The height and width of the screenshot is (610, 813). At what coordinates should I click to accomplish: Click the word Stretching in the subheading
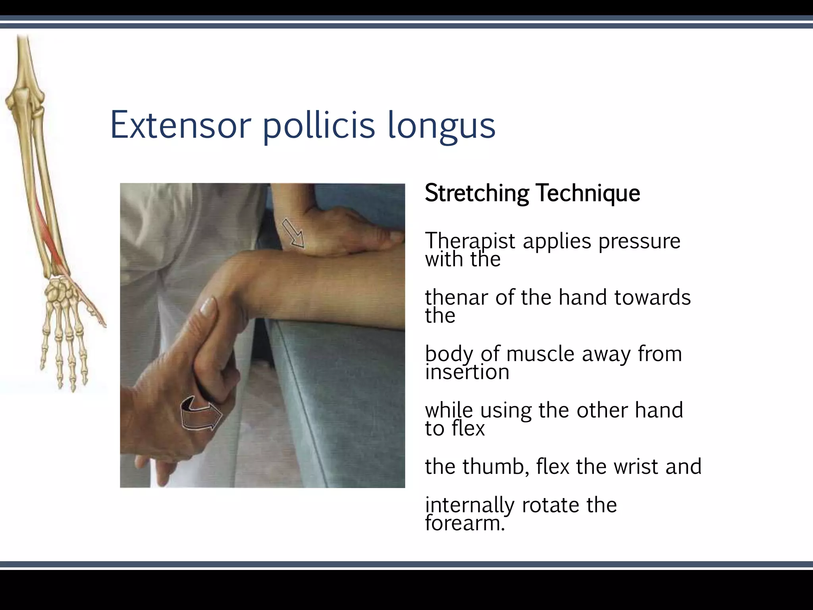coord(477,193)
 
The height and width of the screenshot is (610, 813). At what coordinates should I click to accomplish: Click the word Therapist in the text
coord(470,241)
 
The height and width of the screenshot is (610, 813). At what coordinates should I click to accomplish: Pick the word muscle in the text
coord(540,353)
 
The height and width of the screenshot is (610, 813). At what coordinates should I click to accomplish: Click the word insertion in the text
coord(467,372)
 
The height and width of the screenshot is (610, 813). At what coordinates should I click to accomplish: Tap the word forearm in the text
coord(464,523)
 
